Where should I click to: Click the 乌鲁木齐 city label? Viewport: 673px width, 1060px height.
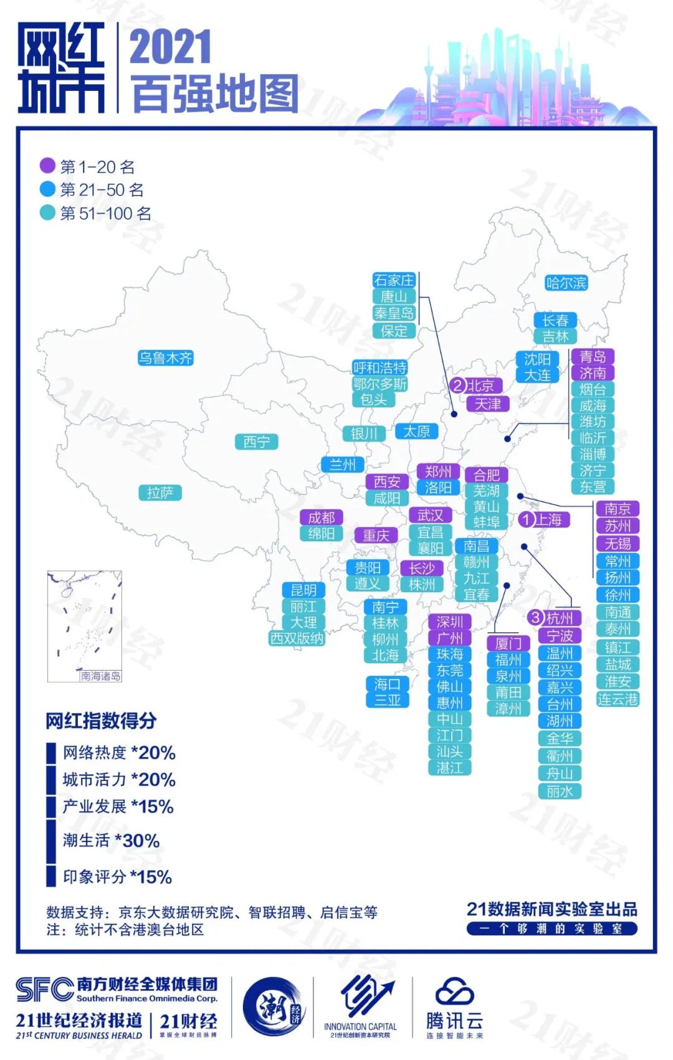coord(165,358)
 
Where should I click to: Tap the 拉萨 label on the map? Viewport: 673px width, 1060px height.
coord(160,493)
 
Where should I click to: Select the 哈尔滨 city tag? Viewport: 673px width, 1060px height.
coord(566,283)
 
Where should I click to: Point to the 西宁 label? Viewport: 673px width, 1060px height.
coord(256,442)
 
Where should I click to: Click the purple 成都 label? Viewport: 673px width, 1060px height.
coord(321,518)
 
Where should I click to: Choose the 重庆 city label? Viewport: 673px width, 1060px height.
coord(376,536)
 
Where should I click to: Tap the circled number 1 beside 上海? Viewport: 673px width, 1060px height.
coord(527,519)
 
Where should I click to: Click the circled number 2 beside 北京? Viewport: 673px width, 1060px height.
coord(459,386)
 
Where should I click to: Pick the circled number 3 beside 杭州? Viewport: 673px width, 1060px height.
coord(535,618)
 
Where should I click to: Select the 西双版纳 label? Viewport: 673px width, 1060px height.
coord(297,638)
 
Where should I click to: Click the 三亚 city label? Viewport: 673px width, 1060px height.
coord(387,700)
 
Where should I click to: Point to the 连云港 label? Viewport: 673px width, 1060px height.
coord(618,699)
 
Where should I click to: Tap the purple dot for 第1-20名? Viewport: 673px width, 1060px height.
coord(47,166)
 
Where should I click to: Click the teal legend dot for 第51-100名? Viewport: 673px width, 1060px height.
coord(47,213)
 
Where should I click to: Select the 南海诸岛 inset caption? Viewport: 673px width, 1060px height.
coord(100,676)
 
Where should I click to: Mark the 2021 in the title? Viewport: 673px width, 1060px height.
coord(170,47)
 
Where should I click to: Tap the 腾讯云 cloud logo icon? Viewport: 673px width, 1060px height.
coord(454,993)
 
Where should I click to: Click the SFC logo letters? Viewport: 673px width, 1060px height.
coord(45,989)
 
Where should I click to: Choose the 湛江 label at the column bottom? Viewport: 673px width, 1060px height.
coord(449,768)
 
